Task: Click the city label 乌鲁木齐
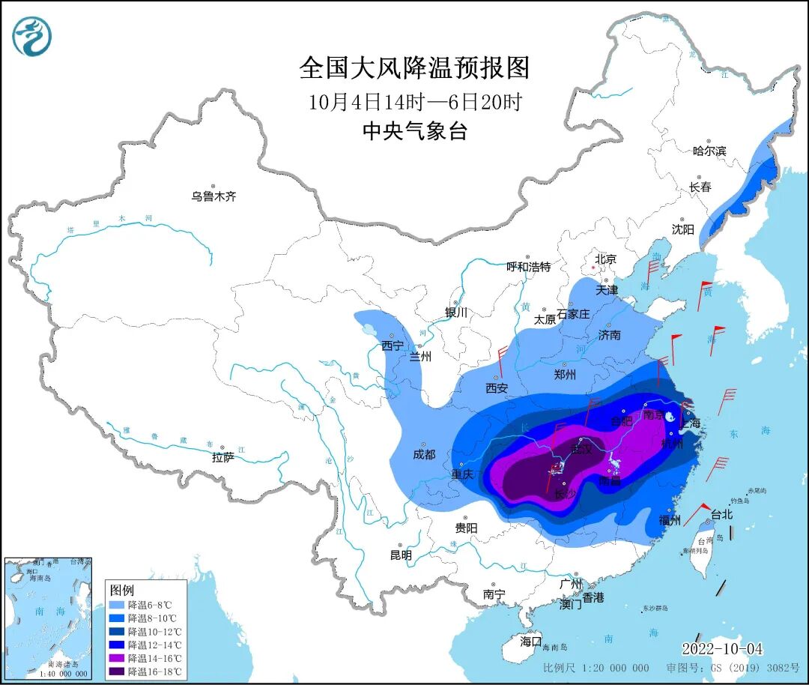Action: [x=213, y=196]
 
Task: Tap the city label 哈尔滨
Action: [x=709, y=151]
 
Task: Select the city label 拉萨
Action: [x=223, y=456]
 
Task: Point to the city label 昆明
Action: [x=401, y=555]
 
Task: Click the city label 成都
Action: [x=424, y=453]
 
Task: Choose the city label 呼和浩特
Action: [x=528, y=266]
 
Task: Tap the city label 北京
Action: [x=605, y=259]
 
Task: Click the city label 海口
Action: [x=530, y=642]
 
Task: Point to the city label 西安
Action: [x=497, y=387]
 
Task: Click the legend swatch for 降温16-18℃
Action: [x=117, y=672]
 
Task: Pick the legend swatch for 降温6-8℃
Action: [x=117, y=605]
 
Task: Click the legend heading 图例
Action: [x=121, y=590]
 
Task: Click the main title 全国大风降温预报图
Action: [x=414, y=68]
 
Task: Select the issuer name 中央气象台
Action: [x=414, y=131]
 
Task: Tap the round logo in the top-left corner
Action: [x=32, y=37]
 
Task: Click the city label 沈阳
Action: [x=682, y=229]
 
